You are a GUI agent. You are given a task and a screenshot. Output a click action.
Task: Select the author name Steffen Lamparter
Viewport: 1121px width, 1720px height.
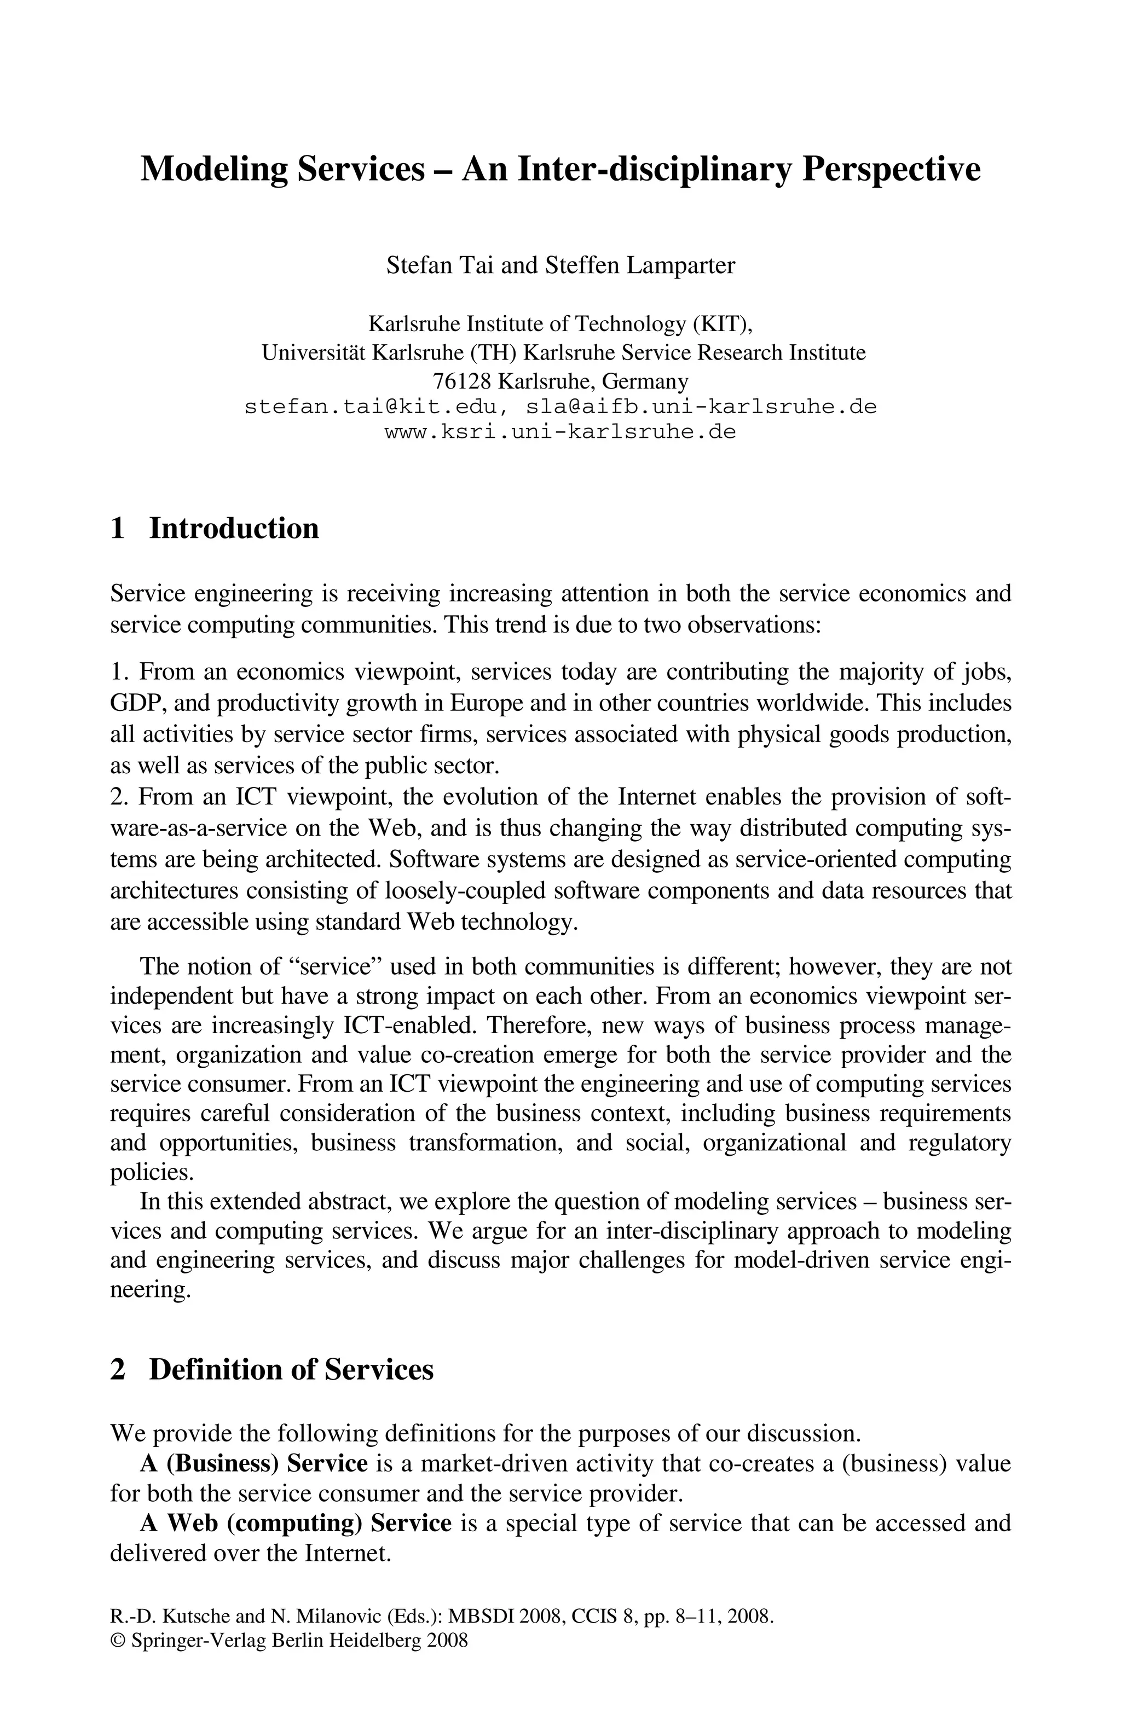[640, 265]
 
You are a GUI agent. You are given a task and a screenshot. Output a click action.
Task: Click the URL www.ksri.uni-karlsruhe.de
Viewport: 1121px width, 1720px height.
[560, 432]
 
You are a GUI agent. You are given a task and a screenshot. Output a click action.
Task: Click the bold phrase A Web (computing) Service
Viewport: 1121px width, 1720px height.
[296, 1522]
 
